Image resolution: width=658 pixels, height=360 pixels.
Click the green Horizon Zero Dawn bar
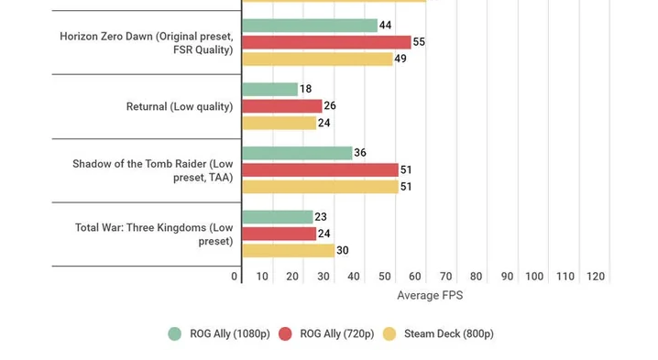coord(310,26)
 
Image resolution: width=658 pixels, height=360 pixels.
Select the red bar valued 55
coord(326,42)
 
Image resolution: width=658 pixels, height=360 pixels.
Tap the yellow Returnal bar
coord(280,123)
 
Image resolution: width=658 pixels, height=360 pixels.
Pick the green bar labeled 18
coord(269,90)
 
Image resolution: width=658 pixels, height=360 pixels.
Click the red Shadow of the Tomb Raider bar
coord(320,170)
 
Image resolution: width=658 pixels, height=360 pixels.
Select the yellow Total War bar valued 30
coord(289,250)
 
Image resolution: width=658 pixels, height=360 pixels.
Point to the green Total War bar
coord(278,217)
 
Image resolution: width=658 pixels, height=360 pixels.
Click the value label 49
coord(400,59)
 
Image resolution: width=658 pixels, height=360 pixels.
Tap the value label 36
coord(360,153)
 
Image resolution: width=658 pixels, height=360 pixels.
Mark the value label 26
coord(330,105)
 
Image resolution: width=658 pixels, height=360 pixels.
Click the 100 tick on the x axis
coord(534,277)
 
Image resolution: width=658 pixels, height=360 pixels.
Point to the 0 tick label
coord(235,277)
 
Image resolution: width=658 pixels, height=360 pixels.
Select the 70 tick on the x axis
coord(445,277)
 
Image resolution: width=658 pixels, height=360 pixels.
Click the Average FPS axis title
coord(430,295)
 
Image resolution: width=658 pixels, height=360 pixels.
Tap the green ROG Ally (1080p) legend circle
coord(174,334)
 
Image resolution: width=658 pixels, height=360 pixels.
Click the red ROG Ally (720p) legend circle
coord(285,334)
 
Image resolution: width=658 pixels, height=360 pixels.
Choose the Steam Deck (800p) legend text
coord(449,334)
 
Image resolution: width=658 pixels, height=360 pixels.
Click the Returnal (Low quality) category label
coord(180,106)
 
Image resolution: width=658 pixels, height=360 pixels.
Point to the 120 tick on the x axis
coord(596,277)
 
